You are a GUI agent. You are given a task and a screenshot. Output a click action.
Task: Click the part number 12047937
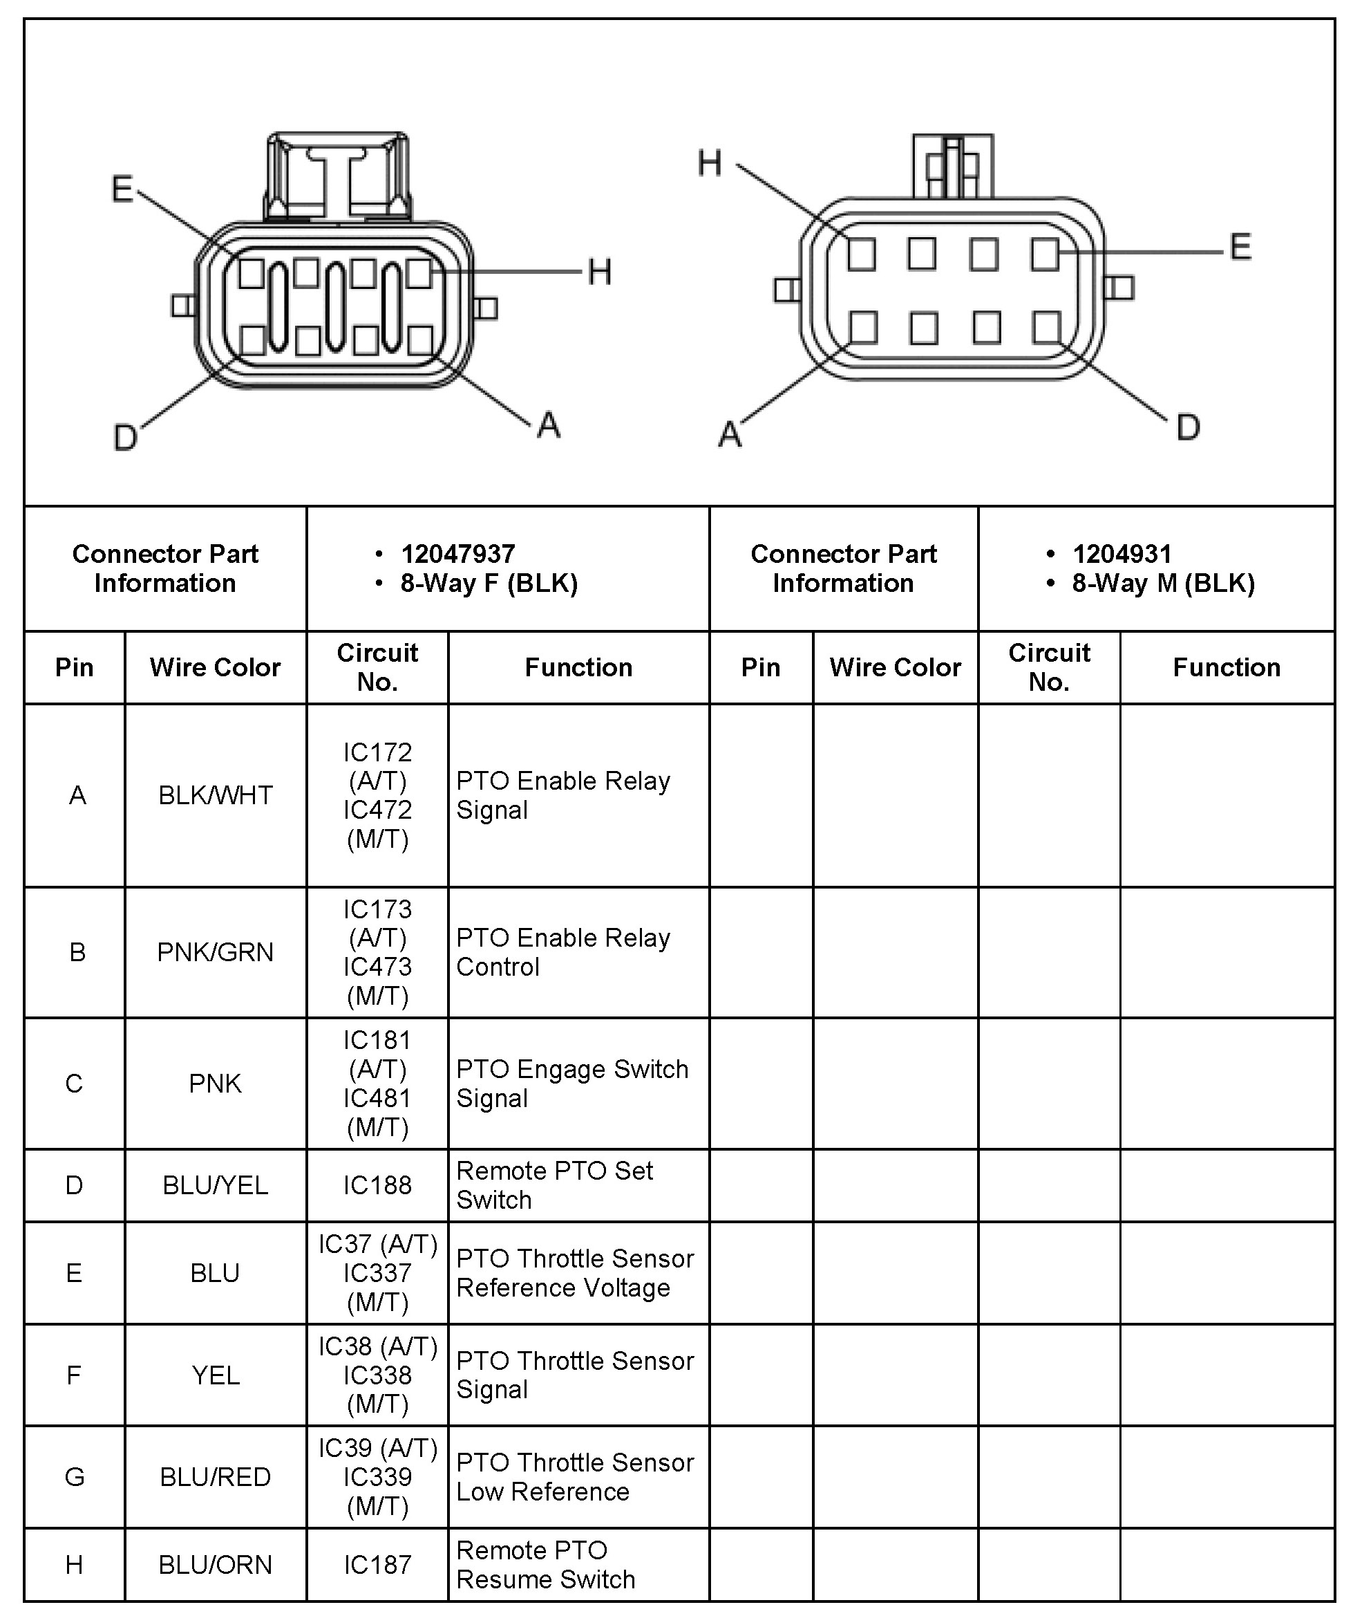coord(457,554)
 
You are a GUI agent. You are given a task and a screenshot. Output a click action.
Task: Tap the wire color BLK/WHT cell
coord(216,795)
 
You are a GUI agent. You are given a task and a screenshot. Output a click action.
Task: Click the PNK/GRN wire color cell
coord(216,952)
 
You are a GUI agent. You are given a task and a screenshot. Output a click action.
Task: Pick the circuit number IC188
coord(377,1185)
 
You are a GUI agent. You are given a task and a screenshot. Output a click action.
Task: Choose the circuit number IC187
coord(377,1564)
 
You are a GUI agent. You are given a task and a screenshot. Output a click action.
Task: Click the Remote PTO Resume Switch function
coord(545,1564)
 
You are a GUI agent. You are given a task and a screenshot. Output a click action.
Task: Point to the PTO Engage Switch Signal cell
coord(571,1084)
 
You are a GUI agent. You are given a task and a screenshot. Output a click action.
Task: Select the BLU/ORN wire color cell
coord(216,1564)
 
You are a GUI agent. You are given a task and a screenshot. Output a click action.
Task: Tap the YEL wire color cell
coord(216,1375)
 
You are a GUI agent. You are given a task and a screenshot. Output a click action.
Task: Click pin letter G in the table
coord(75,1477)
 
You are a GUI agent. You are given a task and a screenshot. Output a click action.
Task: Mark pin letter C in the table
coord(75,1084)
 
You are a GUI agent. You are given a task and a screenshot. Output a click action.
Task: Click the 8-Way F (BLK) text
coord(489,584)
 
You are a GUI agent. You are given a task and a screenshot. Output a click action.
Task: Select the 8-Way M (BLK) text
coord(1163,584)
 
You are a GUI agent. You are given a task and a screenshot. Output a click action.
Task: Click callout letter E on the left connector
coord(122,189)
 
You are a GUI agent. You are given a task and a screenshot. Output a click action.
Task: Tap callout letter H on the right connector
coord(709,163)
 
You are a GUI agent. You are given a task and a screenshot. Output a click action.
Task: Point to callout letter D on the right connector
coord(1188,427)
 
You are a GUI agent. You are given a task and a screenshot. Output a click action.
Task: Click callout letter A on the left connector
coord(549,425)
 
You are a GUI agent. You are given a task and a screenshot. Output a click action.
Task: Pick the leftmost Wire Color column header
coord(216,667)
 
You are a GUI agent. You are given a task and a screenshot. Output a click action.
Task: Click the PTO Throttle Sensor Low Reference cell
coord(575,1477)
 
